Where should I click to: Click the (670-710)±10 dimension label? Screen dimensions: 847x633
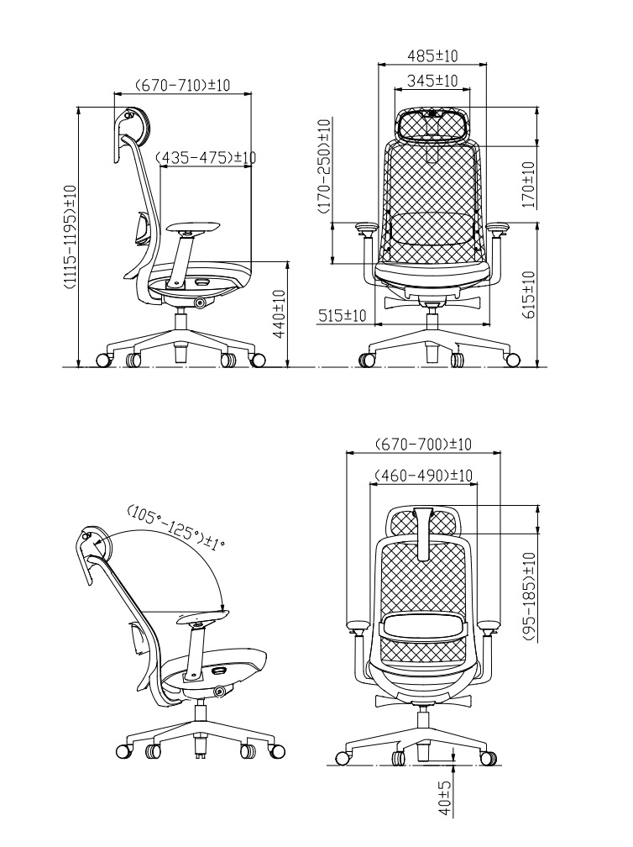tap(183, 85)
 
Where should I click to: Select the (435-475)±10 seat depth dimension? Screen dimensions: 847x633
tap(207, 157)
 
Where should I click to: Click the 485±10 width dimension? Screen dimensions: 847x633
tap(432, 55)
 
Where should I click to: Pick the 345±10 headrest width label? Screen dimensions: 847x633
tap(432, 81)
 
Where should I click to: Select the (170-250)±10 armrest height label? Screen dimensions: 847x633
tap(324, 167)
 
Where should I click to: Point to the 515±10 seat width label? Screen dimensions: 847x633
tap(342, 316)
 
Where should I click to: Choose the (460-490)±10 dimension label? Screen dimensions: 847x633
tap(422, 475)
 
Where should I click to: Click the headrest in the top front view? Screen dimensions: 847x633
tap(432, 125)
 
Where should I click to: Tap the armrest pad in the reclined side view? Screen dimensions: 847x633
tap(201, 620)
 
